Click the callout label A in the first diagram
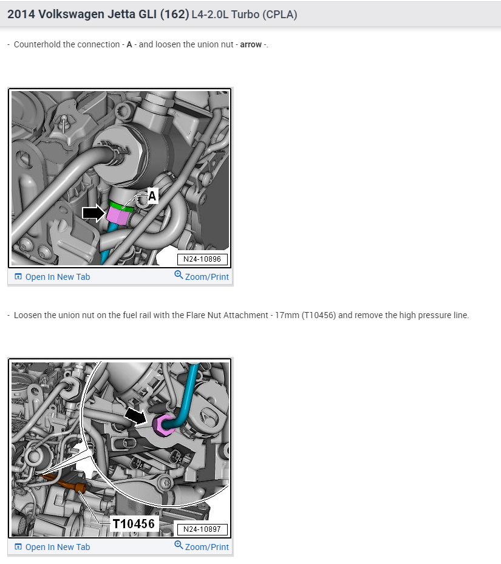click(x=152, y=196)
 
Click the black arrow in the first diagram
click(x=94, y=212)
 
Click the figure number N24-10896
click(x=202, y=259)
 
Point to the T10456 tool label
click(x=134, y=524)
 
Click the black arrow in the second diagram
click(x=136, y=416)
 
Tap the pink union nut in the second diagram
click(x=164, y=425)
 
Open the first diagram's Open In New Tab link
click(x=57, y=277)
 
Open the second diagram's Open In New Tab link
click(x=57, y=547)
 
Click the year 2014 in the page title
click(x=21, y=14)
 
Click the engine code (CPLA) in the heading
click(x=279, y=15)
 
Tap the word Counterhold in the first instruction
click(x=37, y=45)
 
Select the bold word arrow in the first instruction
click(x=251, y=45)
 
